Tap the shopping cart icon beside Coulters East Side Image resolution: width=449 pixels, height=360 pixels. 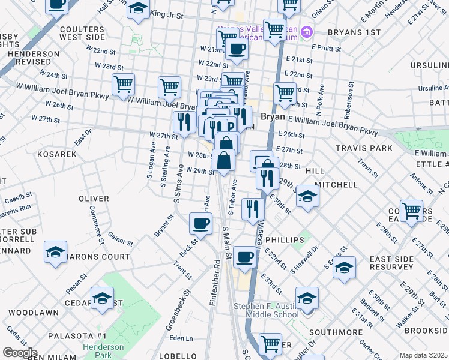coord(412,211)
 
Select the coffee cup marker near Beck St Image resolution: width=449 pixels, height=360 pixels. coord(200,224)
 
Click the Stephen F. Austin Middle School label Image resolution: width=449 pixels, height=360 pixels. coord(266,311)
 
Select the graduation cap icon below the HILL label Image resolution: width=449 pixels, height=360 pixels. coord(307,197)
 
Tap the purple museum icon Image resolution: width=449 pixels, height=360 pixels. coord(306,31)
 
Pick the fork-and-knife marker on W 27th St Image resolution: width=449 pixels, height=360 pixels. coord(183,122)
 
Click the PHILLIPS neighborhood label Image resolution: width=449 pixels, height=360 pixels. coord(285,239)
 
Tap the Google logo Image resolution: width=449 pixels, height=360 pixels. coord(20,353)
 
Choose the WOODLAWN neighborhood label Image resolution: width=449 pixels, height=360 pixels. coord(34,313)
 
